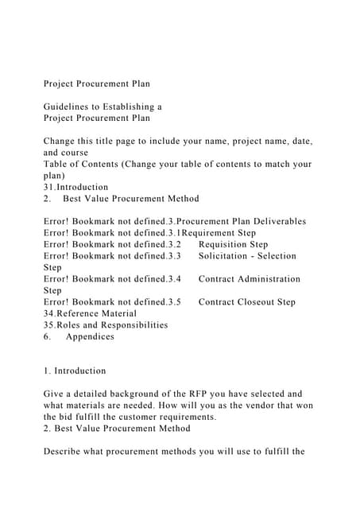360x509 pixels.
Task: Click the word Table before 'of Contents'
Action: click(57, 164)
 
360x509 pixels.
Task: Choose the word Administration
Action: click(265, 279)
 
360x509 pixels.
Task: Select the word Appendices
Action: click(90, 336)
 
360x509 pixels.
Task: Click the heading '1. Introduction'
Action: click(75, 371)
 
